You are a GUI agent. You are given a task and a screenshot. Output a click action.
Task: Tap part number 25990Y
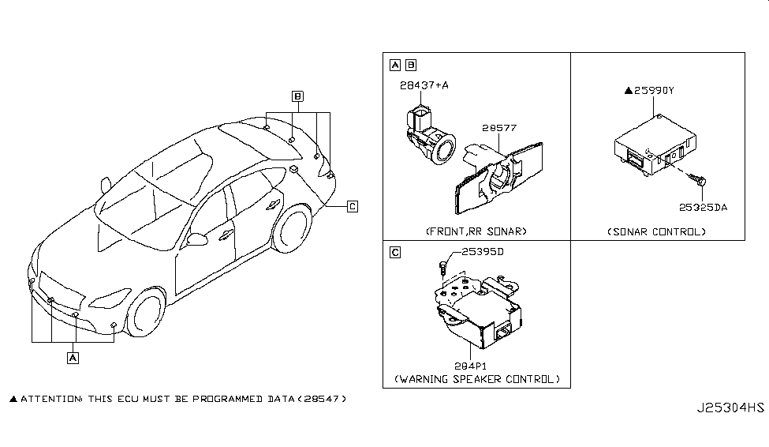point(652,91)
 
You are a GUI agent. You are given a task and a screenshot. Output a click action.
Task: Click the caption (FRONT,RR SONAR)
point(476,231)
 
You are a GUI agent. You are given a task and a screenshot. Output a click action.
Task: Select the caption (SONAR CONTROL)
point(657,231)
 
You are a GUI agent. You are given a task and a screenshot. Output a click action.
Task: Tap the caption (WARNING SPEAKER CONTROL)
point(476,380)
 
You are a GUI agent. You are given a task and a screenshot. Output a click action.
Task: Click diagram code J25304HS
point(730,408)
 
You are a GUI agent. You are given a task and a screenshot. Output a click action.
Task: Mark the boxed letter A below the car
point(73,358)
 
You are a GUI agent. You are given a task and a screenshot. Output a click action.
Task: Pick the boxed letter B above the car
point(297,96)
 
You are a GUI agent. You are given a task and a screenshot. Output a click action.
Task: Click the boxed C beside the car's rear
point(353,206)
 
